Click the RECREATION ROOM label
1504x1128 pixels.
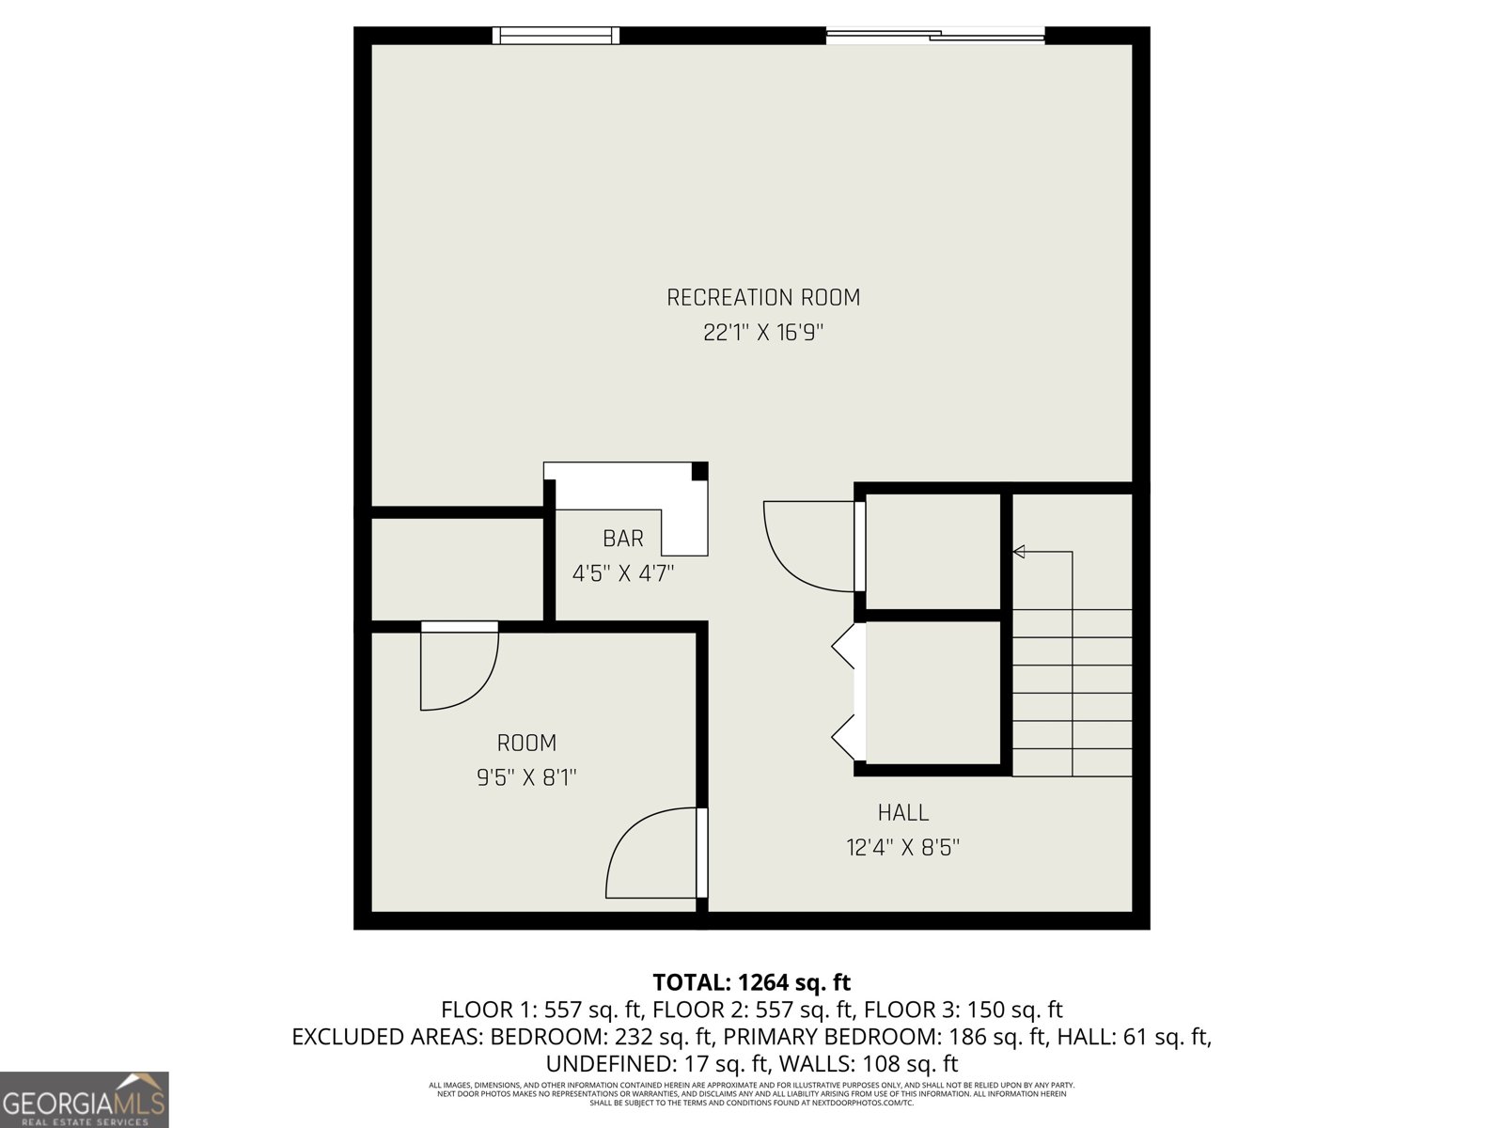pyautogui.click(x=763, y=298)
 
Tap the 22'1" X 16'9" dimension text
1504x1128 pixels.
pyautogui.click(x=763, y=333)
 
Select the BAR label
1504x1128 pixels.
pyautogui.click(x=622, y=539)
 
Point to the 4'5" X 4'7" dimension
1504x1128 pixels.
pyautogui.click(x=622, y=573)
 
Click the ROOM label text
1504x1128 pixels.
pyautogui.click(x=526, y=744)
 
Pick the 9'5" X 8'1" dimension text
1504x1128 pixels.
pyautogui.click(x=526, y=778)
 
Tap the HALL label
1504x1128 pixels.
pyautogui.click(x=902, y=813)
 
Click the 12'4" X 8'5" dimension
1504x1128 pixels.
pyautogui.click(x=902, y=848)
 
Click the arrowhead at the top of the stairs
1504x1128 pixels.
pyautogui.click(x=1018, y=552)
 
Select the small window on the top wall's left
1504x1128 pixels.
pyautogui.click(x=556, y=36)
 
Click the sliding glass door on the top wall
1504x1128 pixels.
pyautogui.click(x=935, y=37)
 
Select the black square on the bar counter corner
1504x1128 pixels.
pyautogui.click(x=699, y=471)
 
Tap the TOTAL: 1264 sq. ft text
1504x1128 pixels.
pyautogui.click(x=751, y=983)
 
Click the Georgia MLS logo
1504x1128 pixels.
pyautogui.click(x=84, y=1099)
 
